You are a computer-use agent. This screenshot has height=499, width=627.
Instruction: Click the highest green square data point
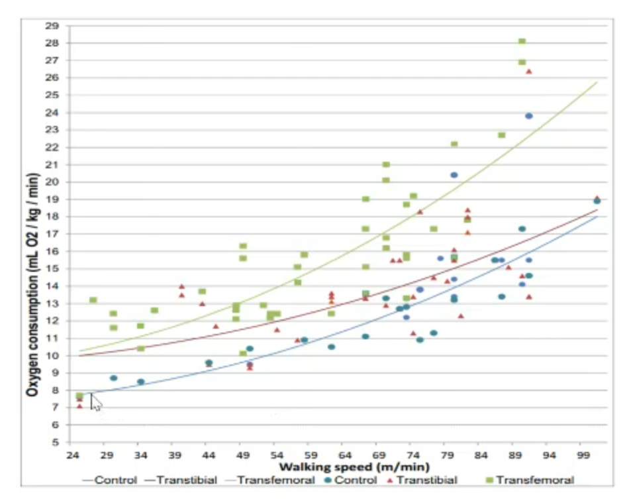(x=522, y=41)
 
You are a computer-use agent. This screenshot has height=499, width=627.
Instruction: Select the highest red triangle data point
(x=529, y=72)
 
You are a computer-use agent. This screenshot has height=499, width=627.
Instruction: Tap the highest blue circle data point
(x=529, y=116)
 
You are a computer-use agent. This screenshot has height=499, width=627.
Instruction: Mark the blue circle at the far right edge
(x=597, y=201)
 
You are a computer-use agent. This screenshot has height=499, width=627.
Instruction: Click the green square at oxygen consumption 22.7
(x=502, y=135)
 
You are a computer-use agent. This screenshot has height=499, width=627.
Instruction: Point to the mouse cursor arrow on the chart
(x=95, y=402)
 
